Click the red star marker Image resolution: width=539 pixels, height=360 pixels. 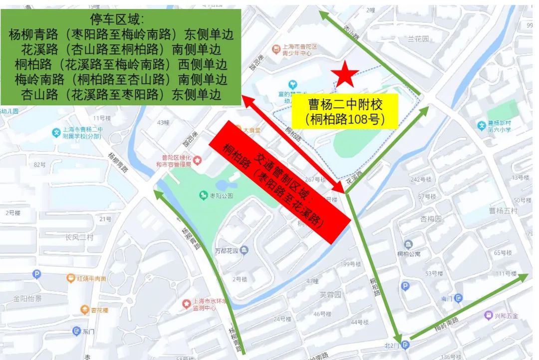pyautogui.click(x=345, y=75)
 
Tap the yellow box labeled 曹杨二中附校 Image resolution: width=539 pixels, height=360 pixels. pyautogui.click(x=345, y=111)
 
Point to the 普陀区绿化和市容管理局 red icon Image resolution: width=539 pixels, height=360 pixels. pyautogui.click(x=198, y=160)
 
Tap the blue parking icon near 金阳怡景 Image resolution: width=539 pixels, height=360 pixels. pyautogui.click(x=36, y=274)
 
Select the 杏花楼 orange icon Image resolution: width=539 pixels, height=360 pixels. pyautogui.click(x=84, y=310)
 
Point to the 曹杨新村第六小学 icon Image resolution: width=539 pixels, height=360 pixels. pyautogui.click(x=481, y=125)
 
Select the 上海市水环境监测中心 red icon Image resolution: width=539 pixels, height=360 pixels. pyautogui.click(x=186, y=303)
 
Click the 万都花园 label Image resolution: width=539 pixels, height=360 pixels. pyautogui.click(x=227, y=250)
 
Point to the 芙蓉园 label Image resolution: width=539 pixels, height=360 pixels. pyautogui.click(x=330, y=295)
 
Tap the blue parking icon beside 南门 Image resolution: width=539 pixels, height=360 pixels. pyautogui.click(x=405, y=286)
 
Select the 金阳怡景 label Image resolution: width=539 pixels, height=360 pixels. pyautogui.click(x=27, y=299)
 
